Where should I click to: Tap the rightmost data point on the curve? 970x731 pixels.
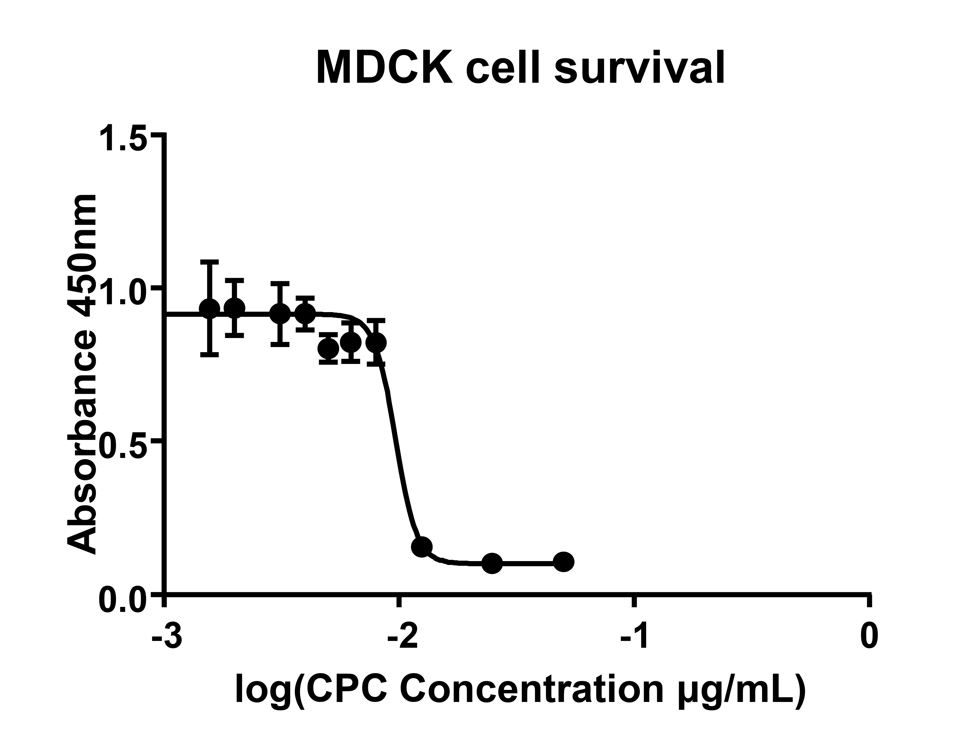(x=564, y=562)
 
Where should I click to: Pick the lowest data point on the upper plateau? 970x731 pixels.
(x=328, y=349)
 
